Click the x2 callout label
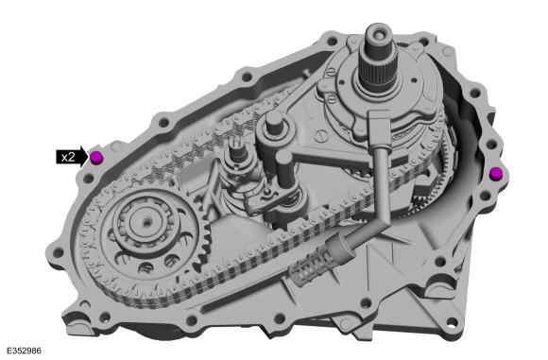point(68,157)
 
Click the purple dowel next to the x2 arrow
point(96,157)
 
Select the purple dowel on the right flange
point(496,174)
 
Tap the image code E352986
point(25,351)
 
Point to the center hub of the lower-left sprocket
point(146,221)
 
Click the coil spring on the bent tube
point(312,266)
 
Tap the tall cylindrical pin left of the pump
point(274,125)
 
